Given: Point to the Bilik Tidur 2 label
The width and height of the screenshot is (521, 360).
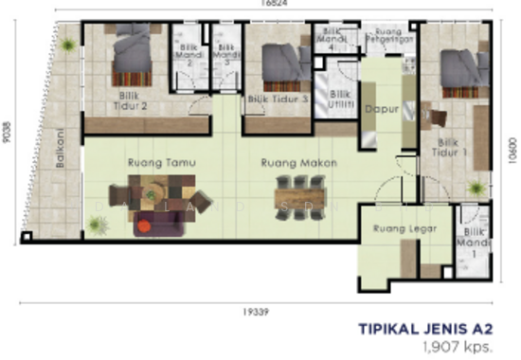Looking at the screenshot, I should coord(133,100).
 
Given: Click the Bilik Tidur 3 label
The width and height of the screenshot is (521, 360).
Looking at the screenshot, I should coord(278,98).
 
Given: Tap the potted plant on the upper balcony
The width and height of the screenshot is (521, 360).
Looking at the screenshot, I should coord(68,44).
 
